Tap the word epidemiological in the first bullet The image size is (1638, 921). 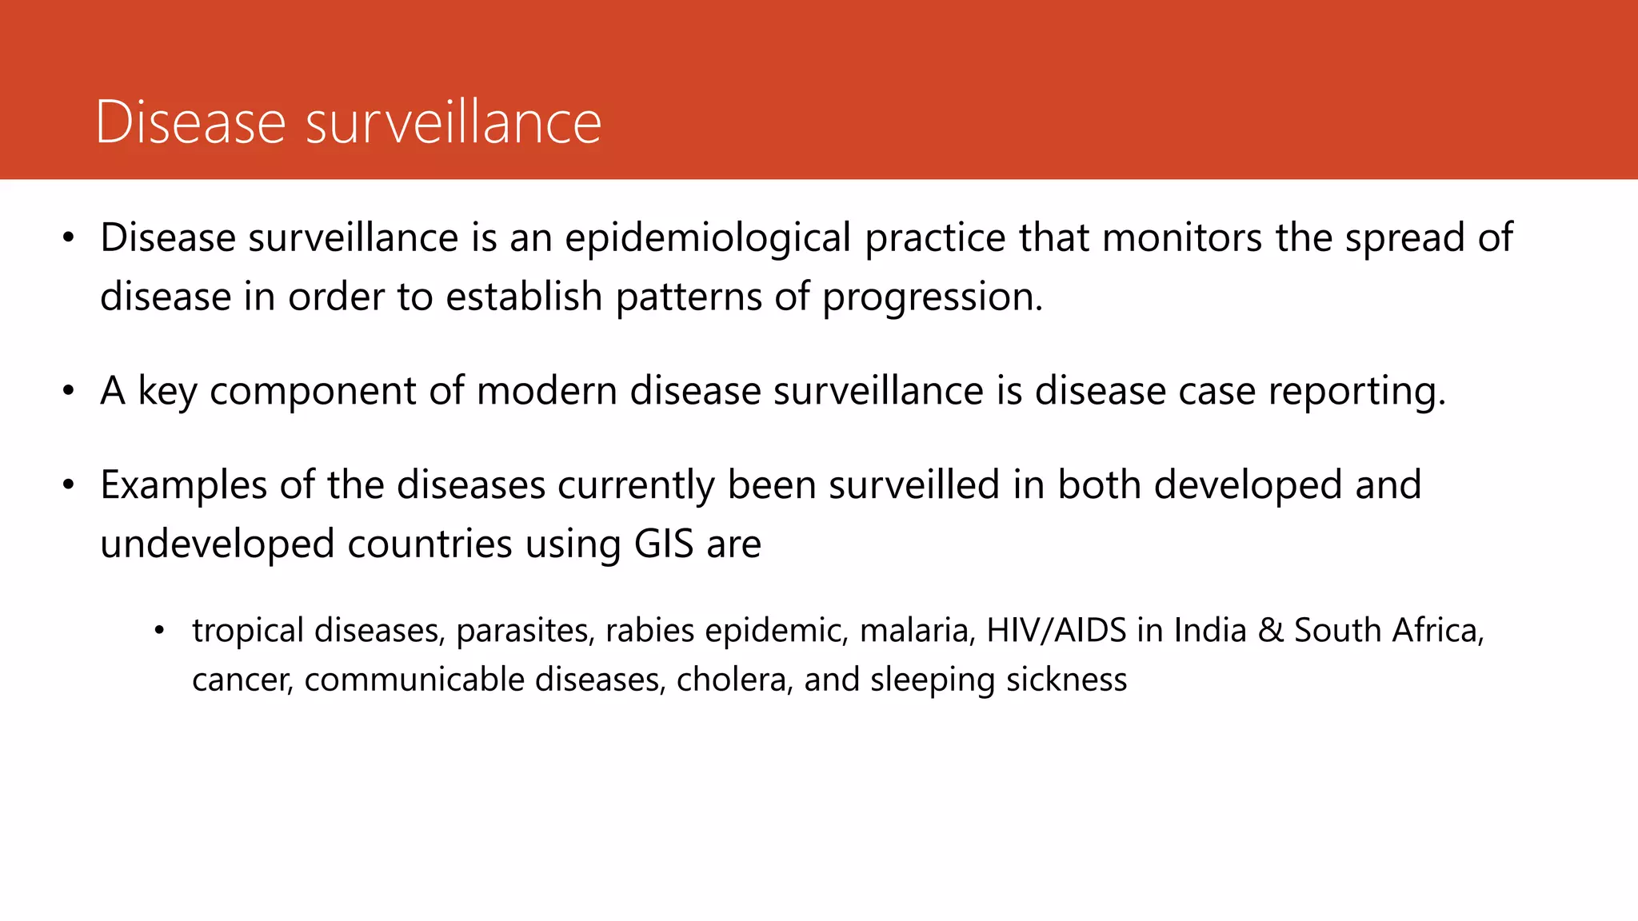708,238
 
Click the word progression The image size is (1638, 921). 933,298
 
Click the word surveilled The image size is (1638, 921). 914,485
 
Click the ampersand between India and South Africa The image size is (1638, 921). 1271,631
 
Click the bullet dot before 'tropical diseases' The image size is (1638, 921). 159,632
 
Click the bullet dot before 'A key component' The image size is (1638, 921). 69,392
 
